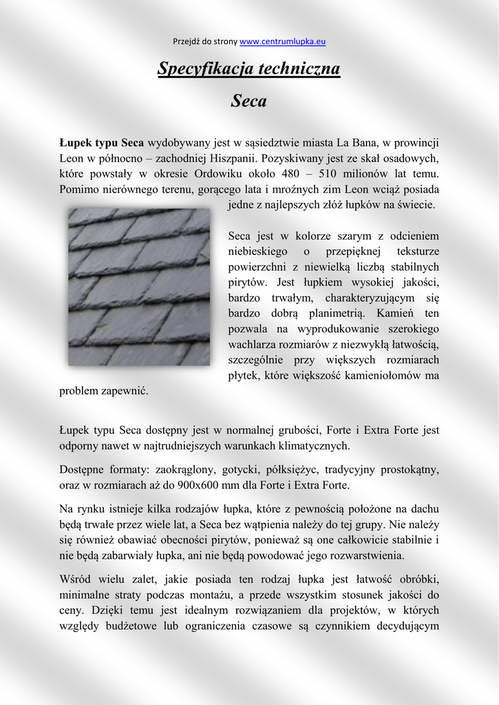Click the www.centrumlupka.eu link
pyautogui.click(x=282, y=41)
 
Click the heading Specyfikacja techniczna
pyautogui.click(x=248, y=69)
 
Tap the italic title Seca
pyautogui.click(x=248, y=101)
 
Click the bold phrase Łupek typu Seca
pyautogui.click(x=101, y=143)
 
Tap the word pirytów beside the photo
pyautogui.click(x=248, y=282)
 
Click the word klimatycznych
pyautogui.click(x=315, y=445)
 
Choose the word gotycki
pyautogui.click(x=240, y=470)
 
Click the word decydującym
pyautogui.click(x=403, y=626)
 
